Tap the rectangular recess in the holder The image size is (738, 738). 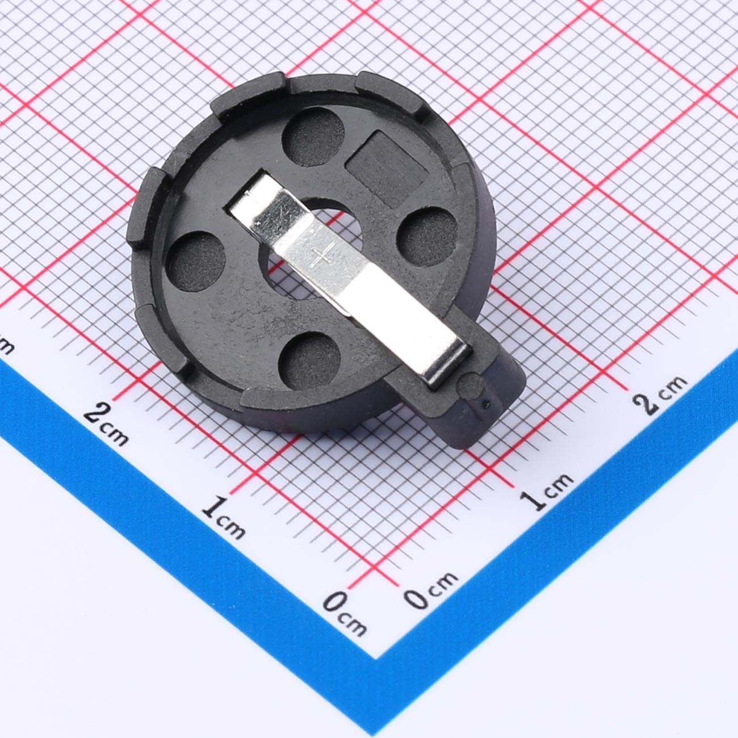386,169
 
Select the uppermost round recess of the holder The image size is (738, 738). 313,137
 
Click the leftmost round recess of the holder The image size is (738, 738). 196,261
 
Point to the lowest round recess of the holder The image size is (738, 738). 309,360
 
